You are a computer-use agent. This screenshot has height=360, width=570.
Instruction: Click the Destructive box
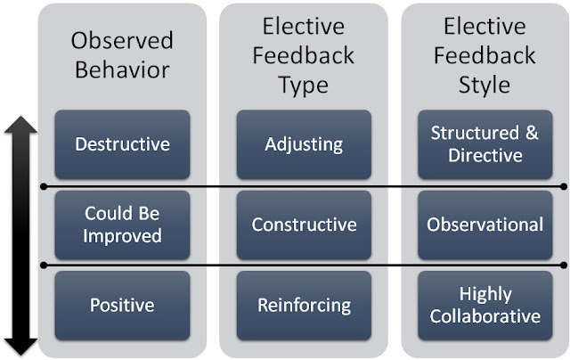pyautogui.click(x=122, y=143)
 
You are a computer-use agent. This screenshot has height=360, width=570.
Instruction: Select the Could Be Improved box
pyautogui.click(x=122, y=225)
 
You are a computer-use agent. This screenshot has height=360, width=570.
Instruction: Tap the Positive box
pyautogui.click(x=122, y=305)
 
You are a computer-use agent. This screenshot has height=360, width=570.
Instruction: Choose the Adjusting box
pyautogui.click(x=304, y=143)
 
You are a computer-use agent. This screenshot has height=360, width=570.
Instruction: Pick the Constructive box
pyautogui.click(x=304, y=225)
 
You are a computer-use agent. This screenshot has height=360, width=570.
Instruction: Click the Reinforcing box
pyautogui.click(x=304, y=305)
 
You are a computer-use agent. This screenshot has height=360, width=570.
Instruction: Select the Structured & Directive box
pyautogui.click(x=485, y=143)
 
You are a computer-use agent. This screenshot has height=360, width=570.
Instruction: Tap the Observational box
pyautogui.click(x=485, y=225)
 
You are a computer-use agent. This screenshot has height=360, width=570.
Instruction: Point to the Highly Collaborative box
pyautogui.click(x=485, y=305)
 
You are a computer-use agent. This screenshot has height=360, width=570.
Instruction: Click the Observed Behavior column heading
pyautogui.click(x=122, y=56)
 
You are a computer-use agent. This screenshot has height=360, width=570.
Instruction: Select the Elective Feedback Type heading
pyautogui.click(x=304, y=55)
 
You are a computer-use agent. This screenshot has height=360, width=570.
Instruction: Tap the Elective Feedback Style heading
pyautogui.click(x=485, y=55)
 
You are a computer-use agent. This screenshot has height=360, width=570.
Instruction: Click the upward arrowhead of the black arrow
pyautogui.click(x=21, y=127)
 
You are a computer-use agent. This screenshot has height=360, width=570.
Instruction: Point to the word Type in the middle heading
pyautogui.click(x=304, y=86)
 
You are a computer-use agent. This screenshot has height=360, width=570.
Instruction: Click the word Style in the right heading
pyautogui.click(x=485, y=86)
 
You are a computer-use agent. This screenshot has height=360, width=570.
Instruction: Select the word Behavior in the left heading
pyautogui.click(x=122, y=70)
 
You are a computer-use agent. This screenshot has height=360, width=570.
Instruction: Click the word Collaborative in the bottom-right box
pyautogui.click(x=485, y=315)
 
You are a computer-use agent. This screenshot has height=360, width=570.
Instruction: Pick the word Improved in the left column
pyautogui.click(x=122, y=236)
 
